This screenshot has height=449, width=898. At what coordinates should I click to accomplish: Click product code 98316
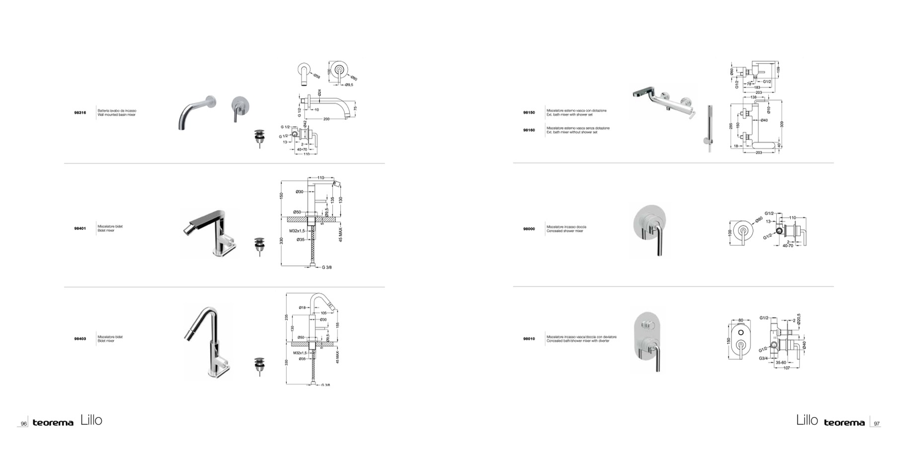80,113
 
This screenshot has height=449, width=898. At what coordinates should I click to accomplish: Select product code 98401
80,228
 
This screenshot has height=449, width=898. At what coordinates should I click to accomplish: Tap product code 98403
80,339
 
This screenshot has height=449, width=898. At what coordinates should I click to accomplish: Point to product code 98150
529,113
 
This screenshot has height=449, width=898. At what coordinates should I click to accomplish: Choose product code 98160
529,130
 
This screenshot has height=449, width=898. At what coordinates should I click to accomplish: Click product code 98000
529,229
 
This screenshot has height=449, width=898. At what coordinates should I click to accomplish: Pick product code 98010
529,339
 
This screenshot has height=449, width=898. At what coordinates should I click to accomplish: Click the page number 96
23,424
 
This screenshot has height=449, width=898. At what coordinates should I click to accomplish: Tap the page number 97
877,424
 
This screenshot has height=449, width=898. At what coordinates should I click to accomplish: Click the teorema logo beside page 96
53,423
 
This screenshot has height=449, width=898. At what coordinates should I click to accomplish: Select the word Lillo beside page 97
807,420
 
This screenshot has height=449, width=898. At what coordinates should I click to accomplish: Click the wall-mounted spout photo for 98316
197,112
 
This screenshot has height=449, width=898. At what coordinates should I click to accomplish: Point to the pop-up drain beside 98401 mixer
258,246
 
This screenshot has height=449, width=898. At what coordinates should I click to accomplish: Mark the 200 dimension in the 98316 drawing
326,119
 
